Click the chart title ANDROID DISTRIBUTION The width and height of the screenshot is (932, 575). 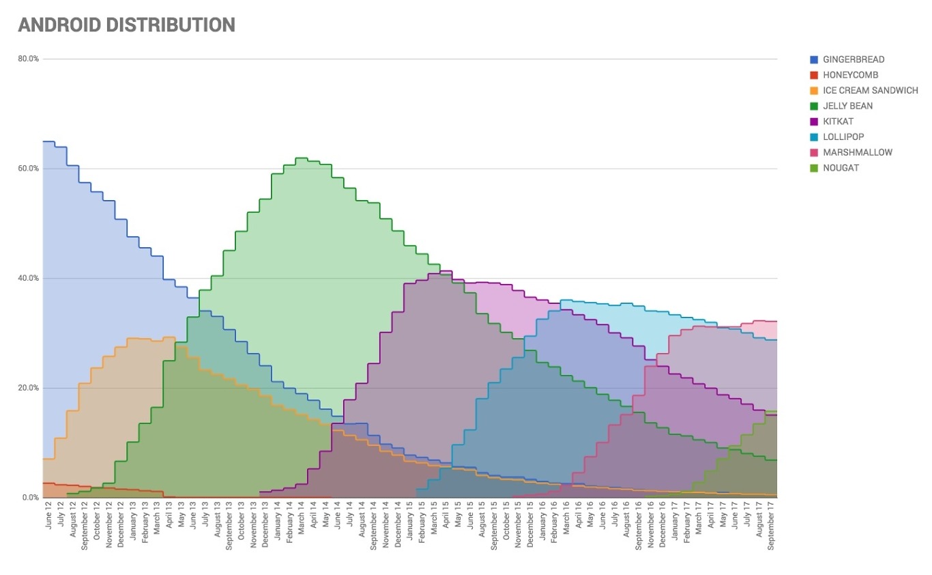tap(126, 25)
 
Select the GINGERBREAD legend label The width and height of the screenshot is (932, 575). tap(854, 59)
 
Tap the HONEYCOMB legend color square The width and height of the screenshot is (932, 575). tap(814, 75)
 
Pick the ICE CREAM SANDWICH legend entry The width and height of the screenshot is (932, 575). tap(870, 90)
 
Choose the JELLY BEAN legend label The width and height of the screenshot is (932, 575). tap(847, 106)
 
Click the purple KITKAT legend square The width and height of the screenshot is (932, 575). tap(814, 122)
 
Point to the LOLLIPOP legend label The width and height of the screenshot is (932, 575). tap(843, 137)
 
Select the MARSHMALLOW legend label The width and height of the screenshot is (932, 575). tap(858, 152)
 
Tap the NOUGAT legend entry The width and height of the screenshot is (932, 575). tap(841, 168)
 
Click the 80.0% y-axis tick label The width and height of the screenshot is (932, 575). tap(29, 59)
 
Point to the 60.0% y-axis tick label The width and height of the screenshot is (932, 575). tap(29, 169)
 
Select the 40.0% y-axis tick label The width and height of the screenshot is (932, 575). tap(29, 279)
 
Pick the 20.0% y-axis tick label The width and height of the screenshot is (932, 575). tap(29, 388)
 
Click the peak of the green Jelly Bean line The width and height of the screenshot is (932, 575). tap(301, 158)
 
